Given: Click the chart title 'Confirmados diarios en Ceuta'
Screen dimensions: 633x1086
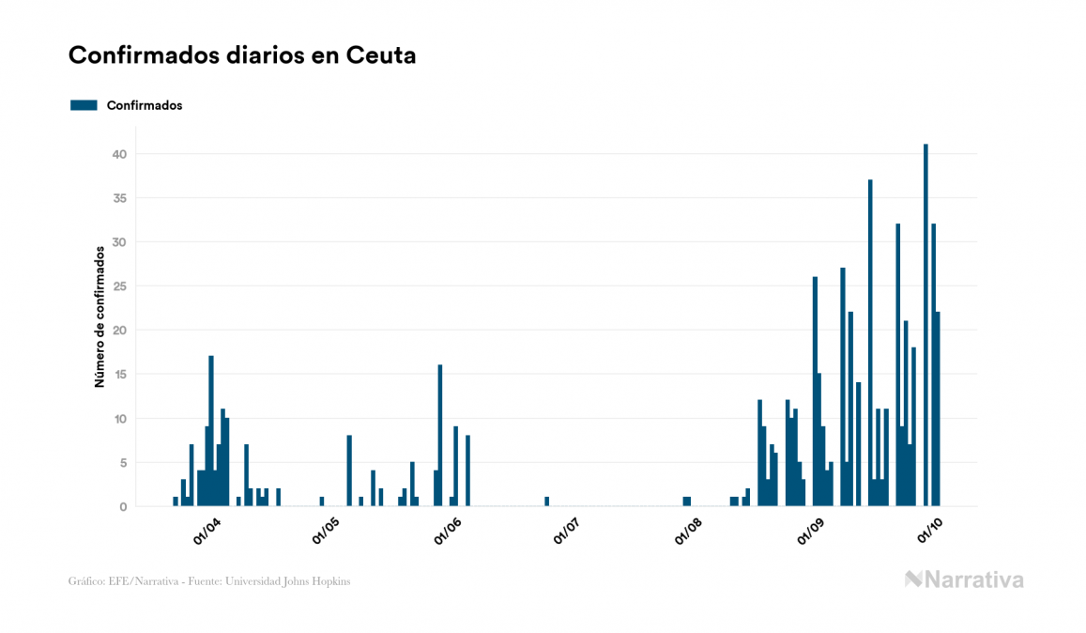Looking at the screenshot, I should [242, 55].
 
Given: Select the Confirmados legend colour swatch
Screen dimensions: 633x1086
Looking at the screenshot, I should [84, 105].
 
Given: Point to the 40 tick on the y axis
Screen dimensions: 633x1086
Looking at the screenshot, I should [119, 154].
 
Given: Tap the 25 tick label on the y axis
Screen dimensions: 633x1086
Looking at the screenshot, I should [119, 286].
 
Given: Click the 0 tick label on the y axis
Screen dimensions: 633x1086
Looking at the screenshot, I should [123, 507].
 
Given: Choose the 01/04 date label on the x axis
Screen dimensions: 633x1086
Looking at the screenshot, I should [206, 531].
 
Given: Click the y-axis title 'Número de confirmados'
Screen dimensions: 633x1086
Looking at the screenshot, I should [99, 317].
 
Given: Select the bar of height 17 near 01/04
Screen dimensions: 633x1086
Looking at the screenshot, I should [211, 431].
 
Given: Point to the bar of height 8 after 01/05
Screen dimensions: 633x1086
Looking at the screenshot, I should [349, 471].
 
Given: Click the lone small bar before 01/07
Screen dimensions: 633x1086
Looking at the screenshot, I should [546, 502].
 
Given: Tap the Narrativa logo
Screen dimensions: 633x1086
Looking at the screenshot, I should [964, 579].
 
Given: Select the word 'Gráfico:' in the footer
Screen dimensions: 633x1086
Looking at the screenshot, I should [84, 581].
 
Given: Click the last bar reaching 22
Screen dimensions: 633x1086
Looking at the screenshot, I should [938, 409].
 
